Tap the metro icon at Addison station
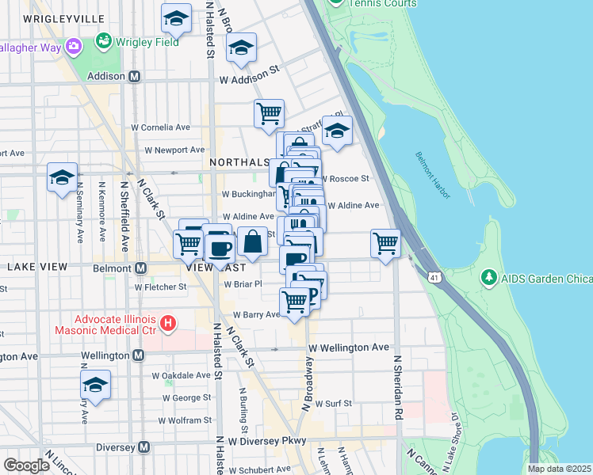[x=135, y=77]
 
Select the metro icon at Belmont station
[x=141, y=268]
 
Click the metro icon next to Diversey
[x=143, y=447]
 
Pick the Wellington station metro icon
[x=139, y=355]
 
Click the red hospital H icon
[x=167, y=323]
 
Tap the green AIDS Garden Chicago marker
[x=488, y=278]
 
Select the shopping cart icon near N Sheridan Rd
[x=385, y=243]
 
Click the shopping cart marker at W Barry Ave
[x=294, y=302]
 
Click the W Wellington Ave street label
[x=349, y=348]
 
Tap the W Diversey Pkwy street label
[x=267, y=441]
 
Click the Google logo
[x=26, y=465]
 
